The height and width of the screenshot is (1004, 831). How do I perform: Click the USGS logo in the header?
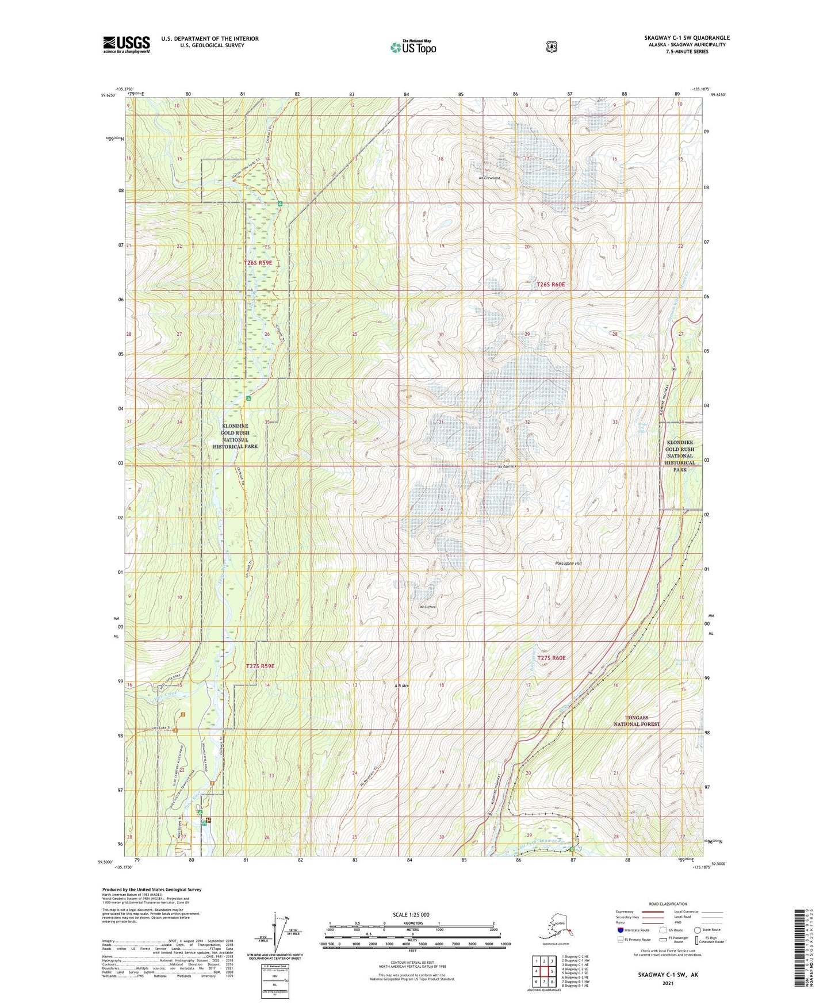click(x=127, y=44)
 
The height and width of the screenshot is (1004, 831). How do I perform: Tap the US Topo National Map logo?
click(x=412, y=47)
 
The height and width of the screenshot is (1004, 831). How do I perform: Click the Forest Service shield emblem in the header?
click(x=552, y=47)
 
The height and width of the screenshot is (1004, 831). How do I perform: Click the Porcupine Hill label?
click(x=569, y=563)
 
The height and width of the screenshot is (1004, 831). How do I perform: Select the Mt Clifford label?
click(x=428, y=607)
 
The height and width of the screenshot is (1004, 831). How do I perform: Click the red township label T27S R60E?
click(x=552, y=658)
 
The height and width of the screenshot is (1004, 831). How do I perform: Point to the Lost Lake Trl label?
click(x=162, y=728)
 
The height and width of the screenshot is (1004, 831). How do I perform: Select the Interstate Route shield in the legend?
click(x=620, y=929)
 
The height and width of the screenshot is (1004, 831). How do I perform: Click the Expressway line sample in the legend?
click(x=653, y=911)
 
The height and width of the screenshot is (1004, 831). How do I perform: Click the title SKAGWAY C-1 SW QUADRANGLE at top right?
click(x=687, y=38)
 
